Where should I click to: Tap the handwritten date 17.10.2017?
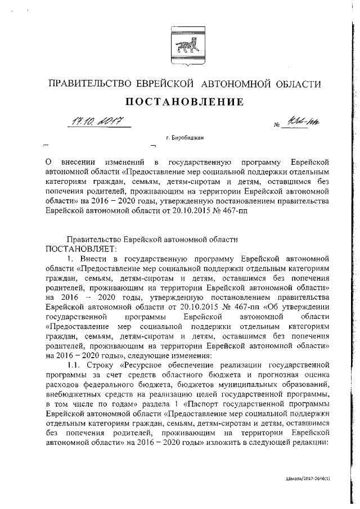[x=96, y=121]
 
